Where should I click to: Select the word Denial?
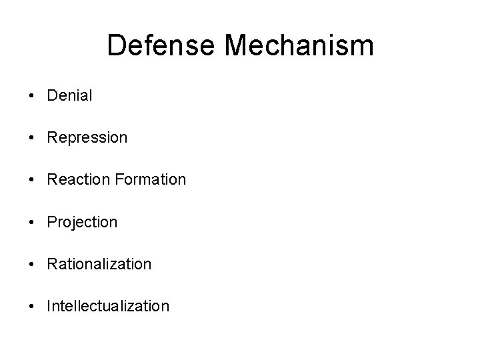click(x=70, y=95)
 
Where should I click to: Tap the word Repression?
click(x=87, y=138)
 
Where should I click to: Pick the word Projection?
click(x=82, y=223)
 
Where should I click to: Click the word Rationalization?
click(x=99, y=264)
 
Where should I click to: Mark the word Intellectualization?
click(x=108, y=306)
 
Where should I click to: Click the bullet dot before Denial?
click(x=33, y=96)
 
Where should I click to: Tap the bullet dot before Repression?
click(x=33, y=138)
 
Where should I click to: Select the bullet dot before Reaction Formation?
click(x=33, y=180)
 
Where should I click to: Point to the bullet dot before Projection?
click(x=33, y=222)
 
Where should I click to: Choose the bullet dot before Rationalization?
click(x=33, y=264)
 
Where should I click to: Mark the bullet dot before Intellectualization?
click(x=33, y=306)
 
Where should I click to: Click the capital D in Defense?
click(x=116, y=46)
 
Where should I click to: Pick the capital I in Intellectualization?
click(x=49, y=306)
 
